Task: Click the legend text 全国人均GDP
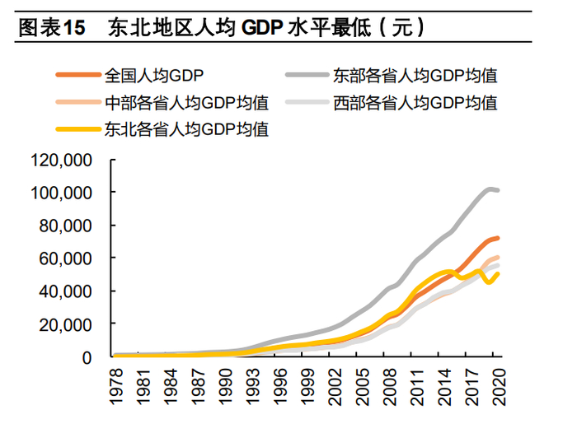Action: coord(154,76)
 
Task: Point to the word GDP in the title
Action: coord(263,28)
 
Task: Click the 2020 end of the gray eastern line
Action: coord(497,190)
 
